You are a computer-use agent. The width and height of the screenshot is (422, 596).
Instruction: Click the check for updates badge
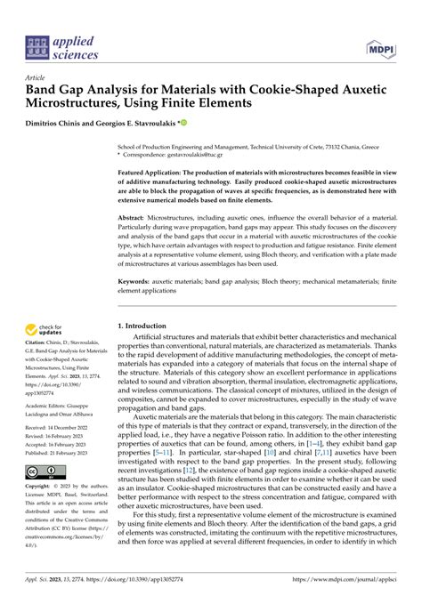tap(41, 331)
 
